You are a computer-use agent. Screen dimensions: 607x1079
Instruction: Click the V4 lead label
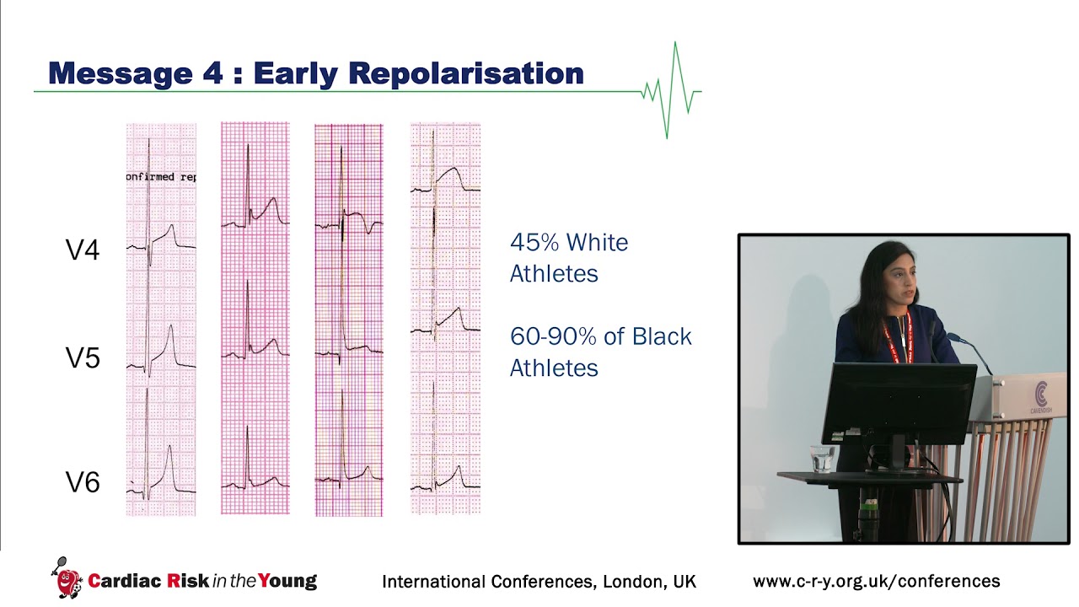tap(83, 250)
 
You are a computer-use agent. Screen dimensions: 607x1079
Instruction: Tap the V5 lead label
tap(83, 358)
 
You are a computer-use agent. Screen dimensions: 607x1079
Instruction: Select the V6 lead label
tap(83, 482)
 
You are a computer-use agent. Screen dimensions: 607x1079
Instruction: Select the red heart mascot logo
tap(68, 581)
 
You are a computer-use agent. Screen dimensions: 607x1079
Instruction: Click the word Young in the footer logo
tap(288, 581)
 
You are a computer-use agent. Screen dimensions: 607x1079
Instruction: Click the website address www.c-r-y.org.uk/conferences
tap(876, 581)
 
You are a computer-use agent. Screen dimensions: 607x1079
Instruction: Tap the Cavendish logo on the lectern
tap(1042, 396)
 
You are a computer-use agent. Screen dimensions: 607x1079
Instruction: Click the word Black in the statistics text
tap(661, 336)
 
